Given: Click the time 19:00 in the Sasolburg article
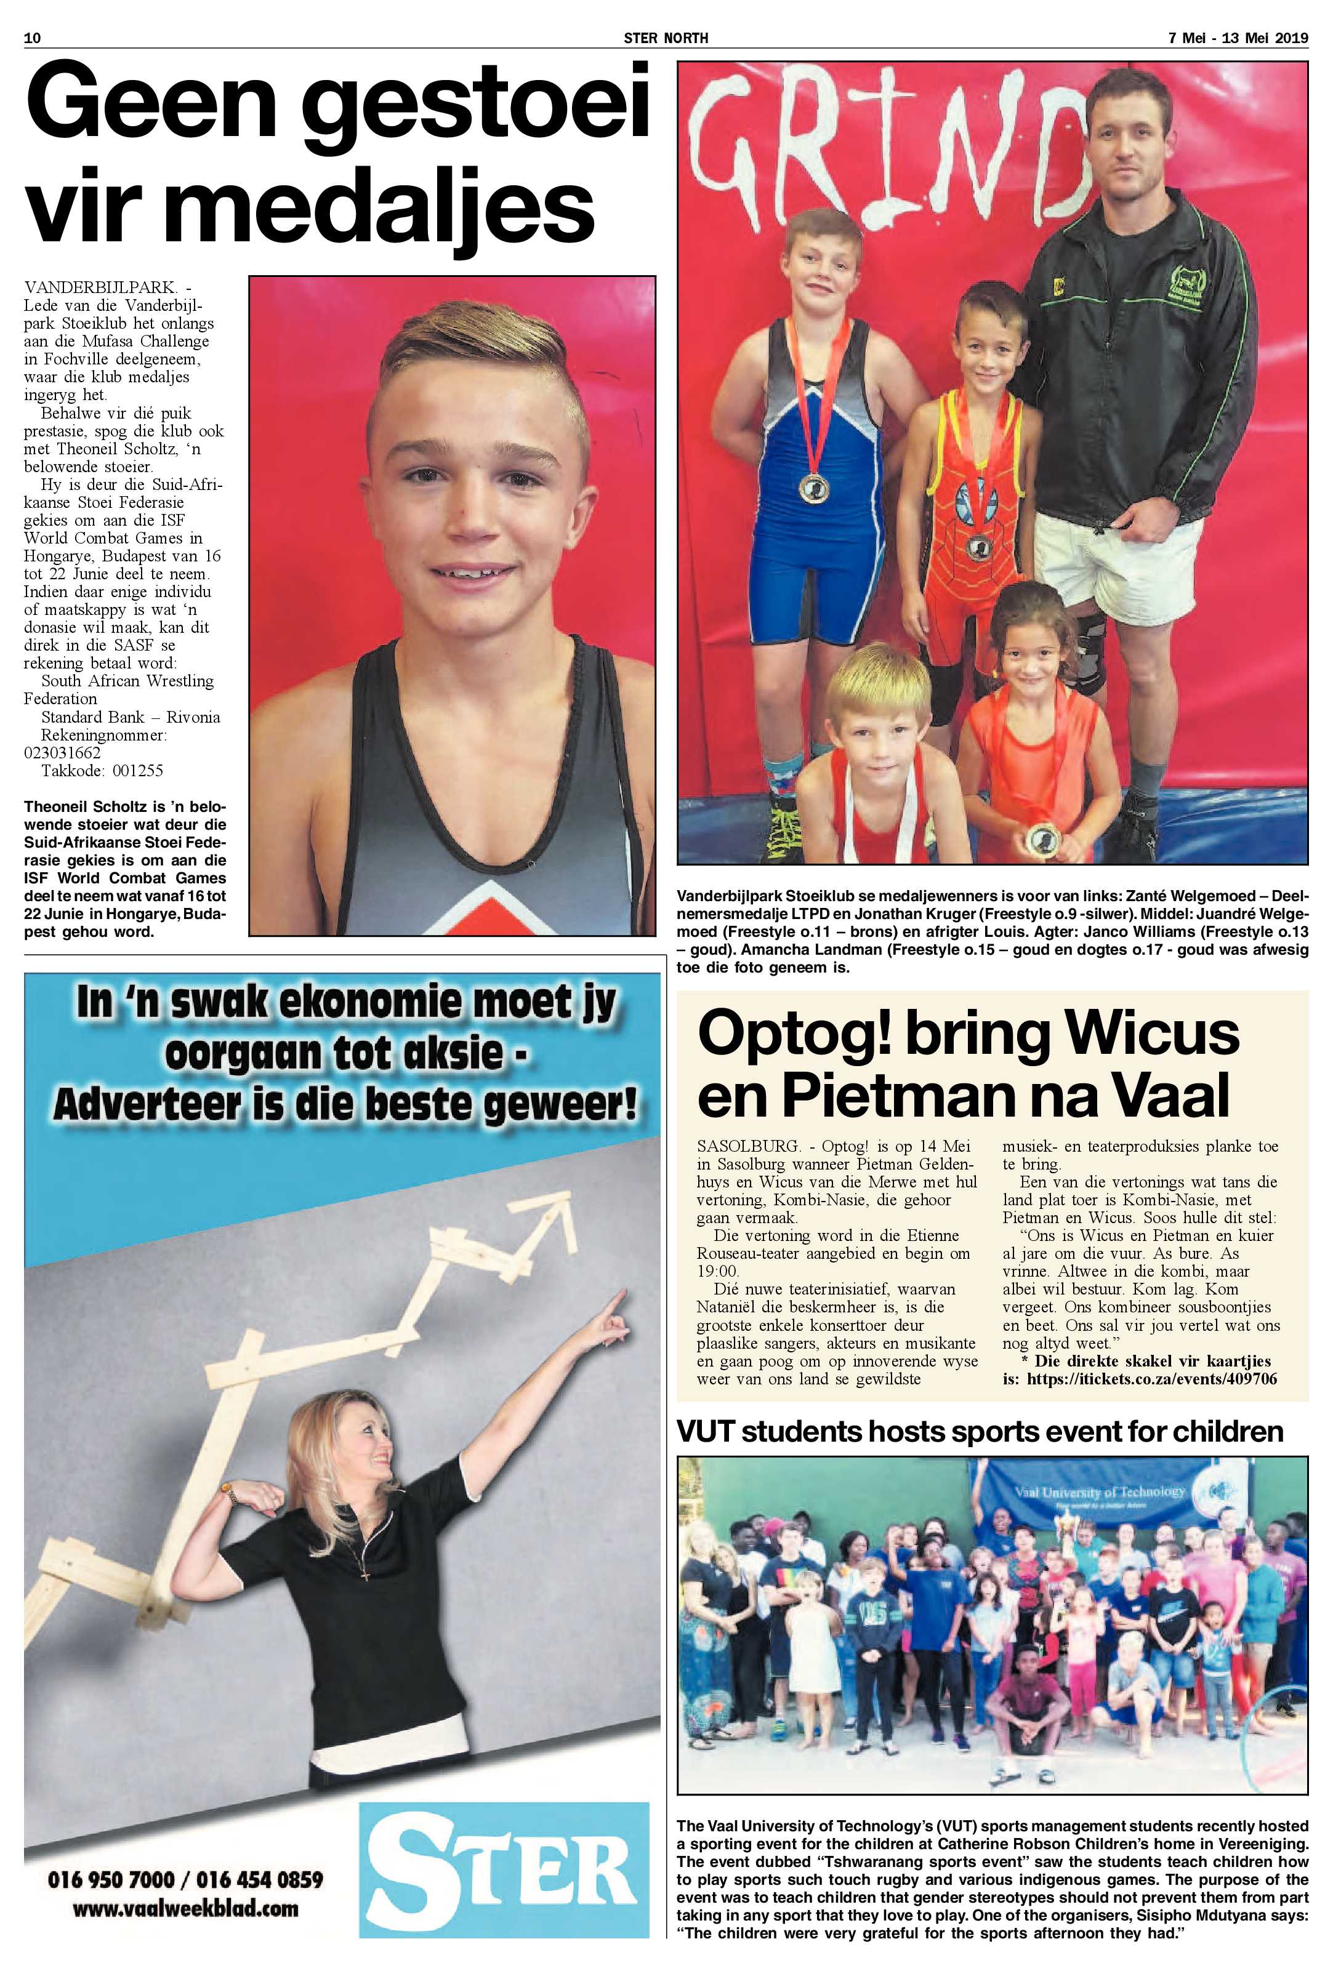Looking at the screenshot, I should (717, 1271).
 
